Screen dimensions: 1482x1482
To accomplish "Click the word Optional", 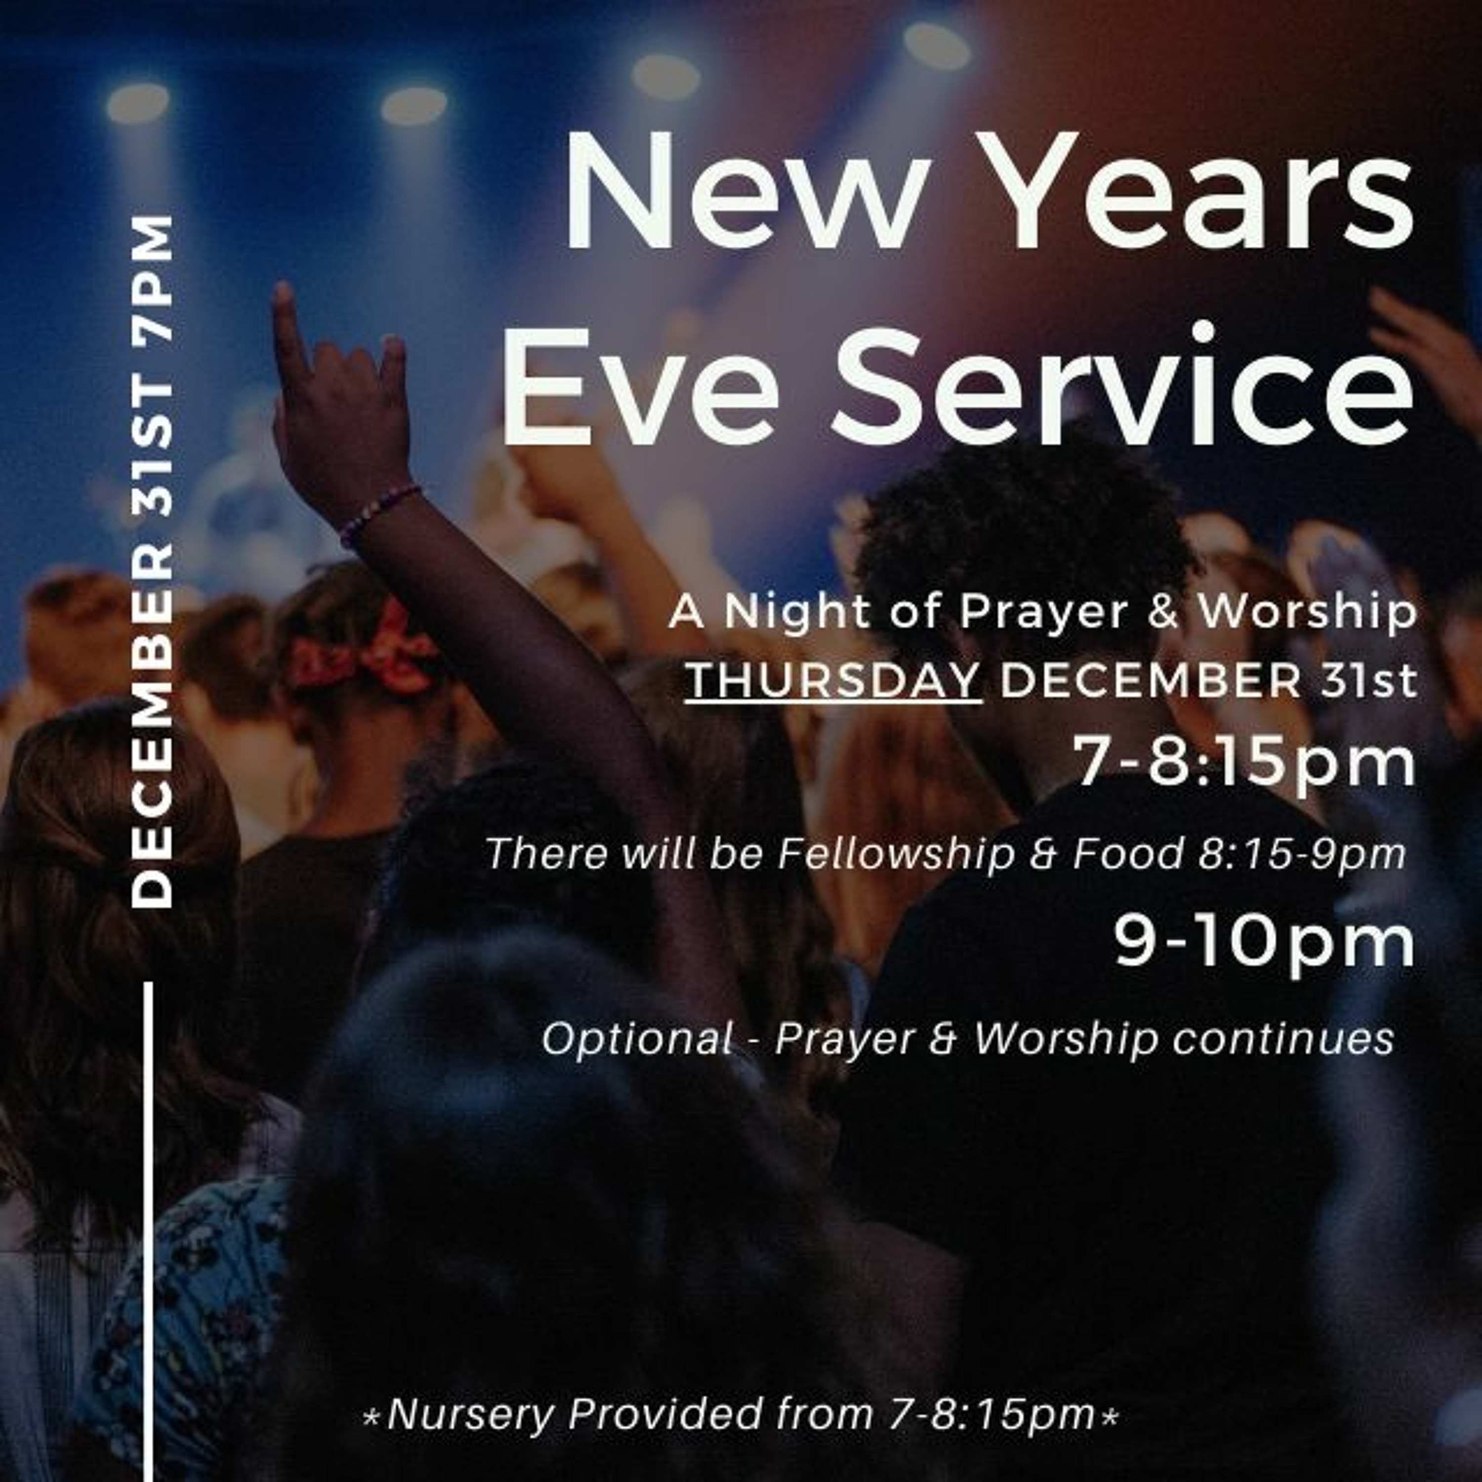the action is (x=636, y=1041).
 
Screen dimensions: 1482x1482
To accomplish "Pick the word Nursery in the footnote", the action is (x=469, y=1414).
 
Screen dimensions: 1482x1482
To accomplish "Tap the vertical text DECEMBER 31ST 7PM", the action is (x=152, y=562).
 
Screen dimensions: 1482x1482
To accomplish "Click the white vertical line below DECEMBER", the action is (x=148, y=1231).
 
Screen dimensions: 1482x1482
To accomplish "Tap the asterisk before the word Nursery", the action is (x=371, y=1417).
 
